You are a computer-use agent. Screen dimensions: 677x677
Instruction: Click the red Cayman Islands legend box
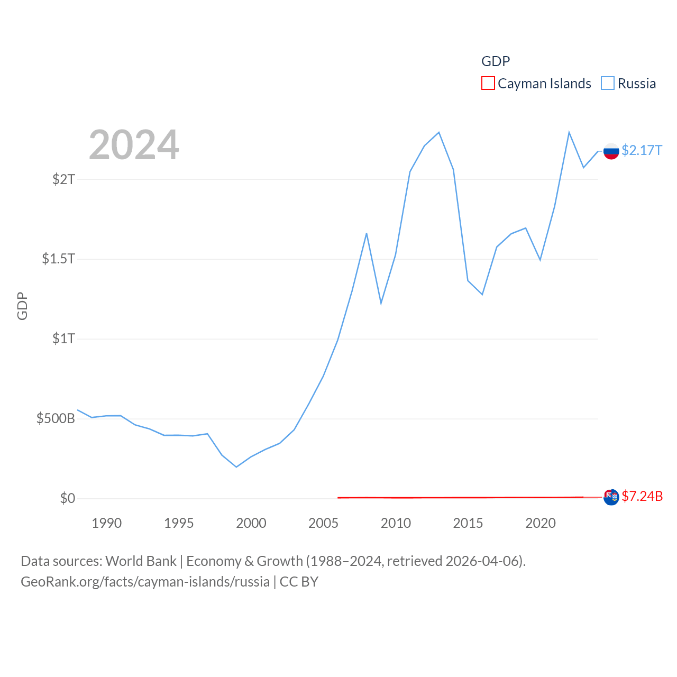pos(488,84)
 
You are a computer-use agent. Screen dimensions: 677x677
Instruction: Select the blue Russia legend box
pos(608,84)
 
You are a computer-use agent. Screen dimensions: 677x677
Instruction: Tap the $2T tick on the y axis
pos(64,179)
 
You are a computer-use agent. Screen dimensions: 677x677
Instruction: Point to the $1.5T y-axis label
pos(59,259)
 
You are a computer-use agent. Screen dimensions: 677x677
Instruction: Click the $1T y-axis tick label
pos(64,338)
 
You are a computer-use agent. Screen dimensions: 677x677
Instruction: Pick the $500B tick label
pos(56,418)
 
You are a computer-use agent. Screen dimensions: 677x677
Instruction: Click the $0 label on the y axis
pos(68,498)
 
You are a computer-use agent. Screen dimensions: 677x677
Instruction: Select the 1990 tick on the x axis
pos(106,523)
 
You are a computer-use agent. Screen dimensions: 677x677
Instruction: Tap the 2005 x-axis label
pos(323,523)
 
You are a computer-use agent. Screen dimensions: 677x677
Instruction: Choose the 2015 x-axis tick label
pos(468,523)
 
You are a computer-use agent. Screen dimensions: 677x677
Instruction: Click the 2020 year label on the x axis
pos(540,523)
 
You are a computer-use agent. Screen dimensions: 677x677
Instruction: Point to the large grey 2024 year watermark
pos(134,145)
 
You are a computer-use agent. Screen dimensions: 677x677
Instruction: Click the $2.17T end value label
pos(642,150)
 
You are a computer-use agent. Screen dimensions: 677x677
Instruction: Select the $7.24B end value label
pos(642,496)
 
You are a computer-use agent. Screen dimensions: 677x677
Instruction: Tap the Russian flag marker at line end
pos(611,151)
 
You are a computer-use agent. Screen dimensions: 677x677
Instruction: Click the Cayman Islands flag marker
pos(611,497)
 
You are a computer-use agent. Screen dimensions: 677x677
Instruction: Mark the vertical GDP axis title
pos(22,306)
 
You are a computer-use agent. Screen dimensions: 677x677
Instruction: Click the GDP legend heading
pos(496,61)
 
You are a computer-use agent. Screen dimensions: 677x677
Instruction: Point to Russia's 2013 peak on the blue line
pos(439,132)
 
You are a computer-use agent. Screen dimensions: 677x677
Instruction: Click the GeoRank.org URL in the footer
pos(145,582)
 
